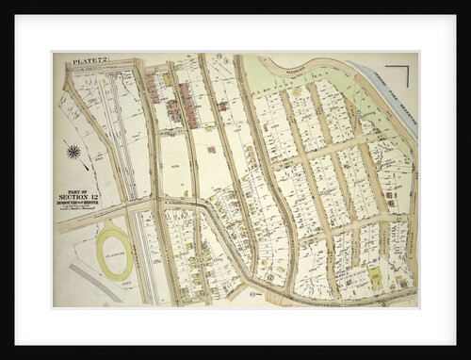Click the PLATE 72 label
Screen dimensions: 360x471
pos(91,61)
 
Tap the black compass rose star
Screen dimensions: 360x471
pos(73,151)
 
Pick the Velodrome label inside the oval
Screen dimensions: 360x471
pos(114,253)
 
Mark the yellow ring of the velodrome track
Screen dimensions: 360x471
pos(99,253)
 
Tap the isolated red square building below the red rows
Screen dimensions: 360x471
pos(211,149)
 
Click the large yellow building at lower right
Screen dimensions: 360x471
pos(376,274)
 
